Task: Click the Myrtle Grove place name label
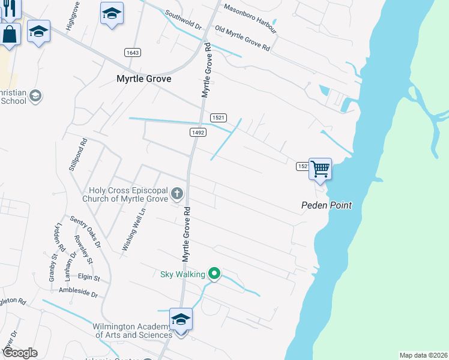pos(143,79)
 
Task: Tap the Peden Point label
pos(326,205)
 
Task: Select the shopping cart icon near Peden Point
pos(321,169)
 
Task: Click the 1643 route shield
pos(133,53)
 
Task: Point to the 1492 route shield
pos(199,132)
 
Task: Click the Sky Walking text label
pos(182,275)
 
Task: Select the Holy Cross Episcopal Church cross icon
pos(176,193)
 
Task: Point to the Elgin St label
pos(88,278)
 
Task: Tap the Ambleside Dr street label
pos(78,292)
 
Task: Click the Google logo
pos(20,353)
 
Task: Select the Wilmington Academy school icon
pos(181,320)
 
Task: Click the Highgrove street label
pos(73,19)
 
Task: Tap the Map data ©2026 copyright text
pos(423,355)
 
